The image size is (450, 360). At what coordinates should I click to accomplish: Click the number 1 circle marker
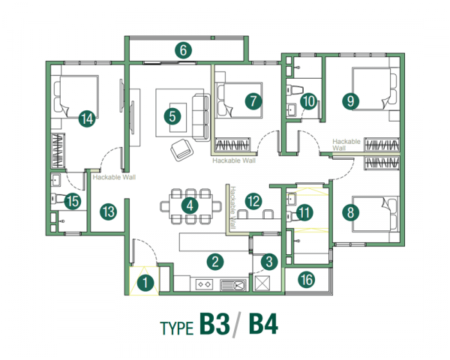[x=147, y=283]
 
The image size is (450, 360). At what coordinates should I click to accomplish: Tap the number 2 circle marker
[x=215, y=262]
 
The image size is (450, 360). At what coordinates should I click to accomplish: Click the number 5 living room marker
[x=172, y=115]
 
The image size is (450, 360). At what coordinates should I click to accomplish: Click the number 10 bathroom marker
[x=308, y=100]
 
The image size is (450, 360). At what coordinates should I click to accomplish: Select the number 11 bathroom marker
[x=304, y=212]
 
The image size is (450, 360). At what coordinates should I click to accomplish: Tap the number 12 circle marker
[x=253, y=200]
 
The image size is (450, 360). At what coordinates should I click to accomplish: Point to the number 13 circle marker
[x=108, y=211]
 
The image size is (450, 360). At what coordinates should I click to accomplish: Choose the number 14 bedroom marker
[x=86, y=117]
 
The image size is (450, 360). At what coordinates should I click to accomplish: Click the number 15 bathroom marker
[x=72, y=200]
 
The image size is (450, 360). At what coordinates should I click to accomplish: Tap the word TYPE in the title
[x=176, y=328]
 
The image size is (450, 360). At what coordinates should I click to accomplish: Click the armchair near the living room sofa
[x=181, y=150]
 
